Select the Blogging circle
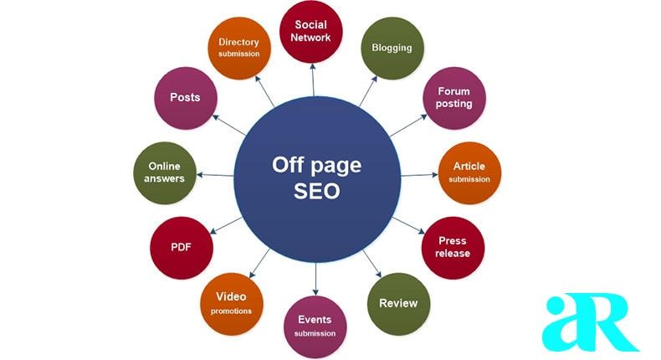pos(392,49)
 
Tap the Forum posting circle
pos(454,98)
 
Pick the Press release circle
pos(453,247)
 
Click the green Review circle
pos(398,303)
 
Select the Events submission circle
pos(315,327)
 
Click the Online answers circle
pos(166,172)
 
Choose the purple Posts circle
pos(185,98)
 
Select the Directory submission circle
pos(239,47)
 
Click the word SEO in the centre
pos(316,191)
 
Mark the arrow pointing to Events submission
pos(315,276)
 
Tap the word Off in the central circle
pos(286,165)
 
